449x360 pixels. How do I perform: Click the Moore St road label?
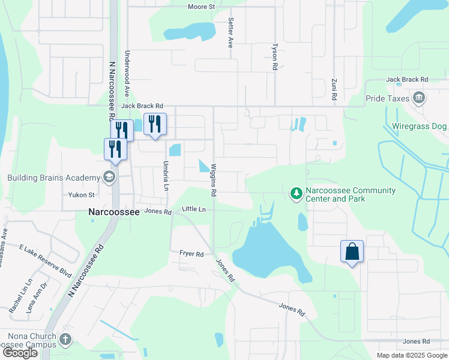click(201, 7)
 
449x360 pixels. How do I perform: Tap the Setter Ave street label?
click(230, 32)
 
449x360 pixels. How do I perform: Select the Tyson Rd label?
click(274, 57)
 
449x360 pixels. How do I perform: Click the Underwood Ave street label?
click(127, 74)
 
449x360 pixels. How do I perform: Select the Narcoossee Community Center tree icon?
click(295, 193)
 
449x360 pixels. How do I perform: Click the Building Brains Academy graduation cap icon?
click(109, 178)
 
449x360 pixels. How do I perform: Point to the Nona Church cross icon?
click(65, 340)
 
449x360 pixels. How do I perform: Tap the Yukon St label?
click(81, 195)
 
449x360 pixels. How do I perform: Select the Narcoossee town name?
click(114, 212)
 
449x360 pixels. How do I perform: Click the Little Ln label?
click(193, 209)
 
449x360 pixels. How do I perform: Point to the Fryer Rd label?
click(191, 254)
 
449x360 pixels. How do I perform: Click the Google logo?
click(20, 353)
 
